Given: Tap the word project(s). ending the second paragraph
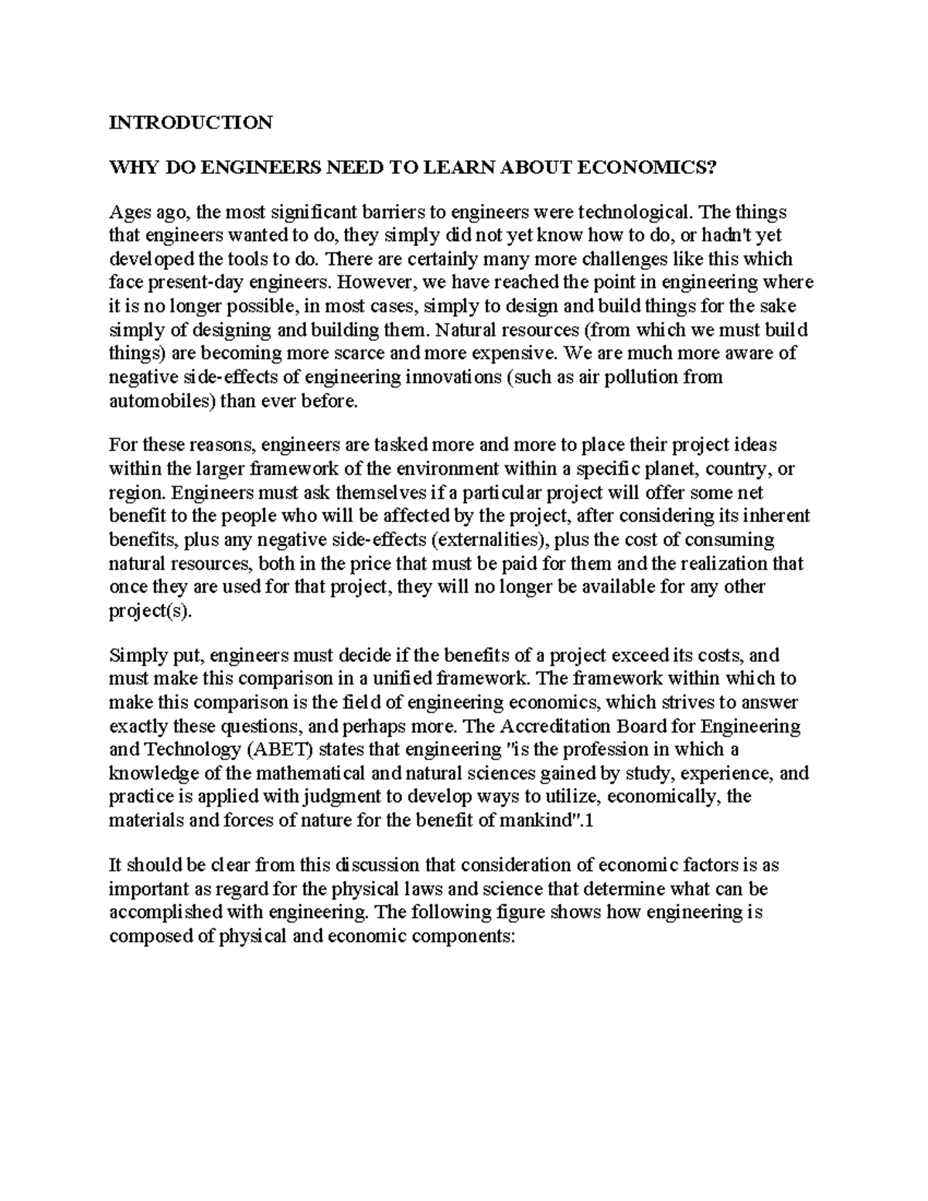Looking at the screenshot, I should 148,610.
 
